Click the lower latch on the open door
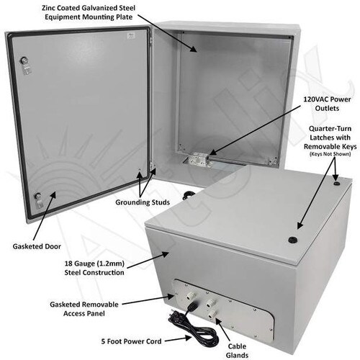pyautogui.click(x=38, y=200)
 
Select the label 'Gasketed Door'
pyautogui.click(x=37, y=246)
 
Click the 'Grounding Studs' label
pyautogui.click(x=143, y=202)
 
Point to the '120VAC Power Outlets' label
pyautogui.click(x=327, y=104)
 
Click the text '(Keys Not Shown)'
pyautogui.click(x=330, y=154)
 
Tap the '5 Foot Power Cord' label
pyautogui.click(x=131, y=341)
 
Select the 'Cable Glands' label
pyautogui.click(x=237, y=351)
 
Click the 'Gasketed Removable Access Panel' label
pyautogui.click(x=84, y=309)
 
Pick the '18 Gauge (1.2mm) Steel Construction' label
pyautogui.click(x=94, y=268)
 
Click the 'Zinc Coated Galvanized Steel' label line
pyautogui.click(x=89, y=8)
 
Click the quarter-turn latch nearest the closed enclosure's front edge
pyautogui.click(x=292, y=240)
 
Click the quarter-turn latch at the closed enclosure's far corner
pyautogui.click(x=337, y=184)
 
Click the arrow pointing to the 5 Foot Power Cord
pyautogui.click(x=178, y=339)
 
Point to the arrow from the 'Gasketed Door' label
pyautogui.click(x=45, y=216)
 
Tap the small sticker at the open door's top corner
pyautogui.click(x=131, y=36)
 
